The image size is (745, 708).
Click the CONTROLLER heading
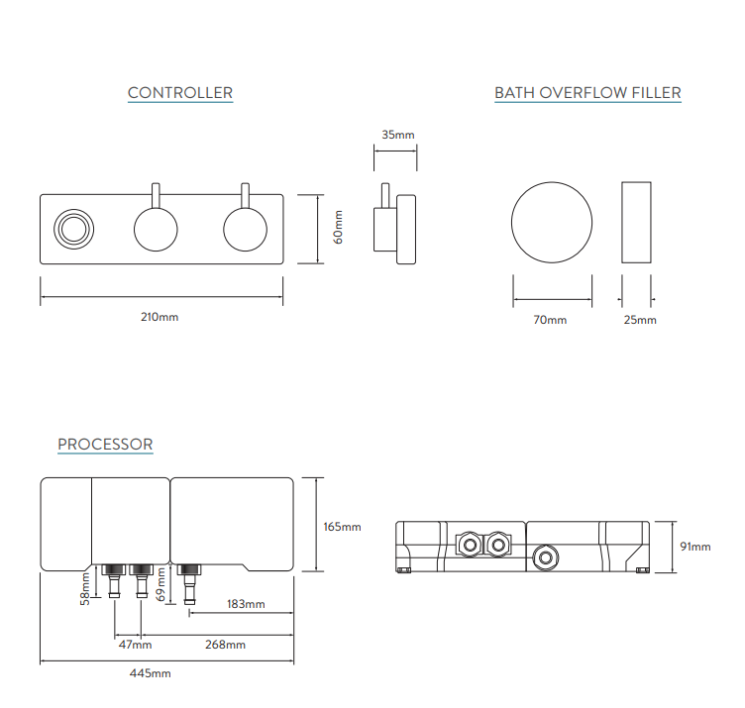point(180,93)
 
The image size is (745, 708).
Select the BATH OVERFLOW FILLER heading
point(587,93)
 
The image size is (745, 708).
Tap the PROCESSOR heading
point(105,444)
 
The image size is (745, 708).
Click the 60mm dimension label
point(338,228)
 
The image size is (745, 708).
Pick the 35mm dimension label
point(397,134)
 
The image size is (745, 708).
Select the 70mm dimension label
point(551,320)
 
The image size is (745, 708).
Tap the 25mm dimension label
point(640,320)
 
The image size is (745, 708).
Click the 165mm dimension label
point(343,526)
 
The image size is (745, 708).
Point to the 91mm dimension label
point(695,546)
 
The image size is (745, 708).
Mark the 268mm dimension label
point(227,645)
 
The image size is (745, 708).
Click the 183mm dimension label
point(246,603)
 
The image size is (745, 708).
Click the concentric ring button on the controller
point(72,229)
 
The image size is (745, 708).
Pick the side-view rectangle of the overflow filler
point(638,223)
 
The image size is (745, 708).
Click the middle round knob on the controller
point(157,229)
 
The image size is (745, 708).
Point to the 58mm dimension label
point(85,585)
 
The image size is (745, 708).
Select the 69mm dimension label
point(160,585)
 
